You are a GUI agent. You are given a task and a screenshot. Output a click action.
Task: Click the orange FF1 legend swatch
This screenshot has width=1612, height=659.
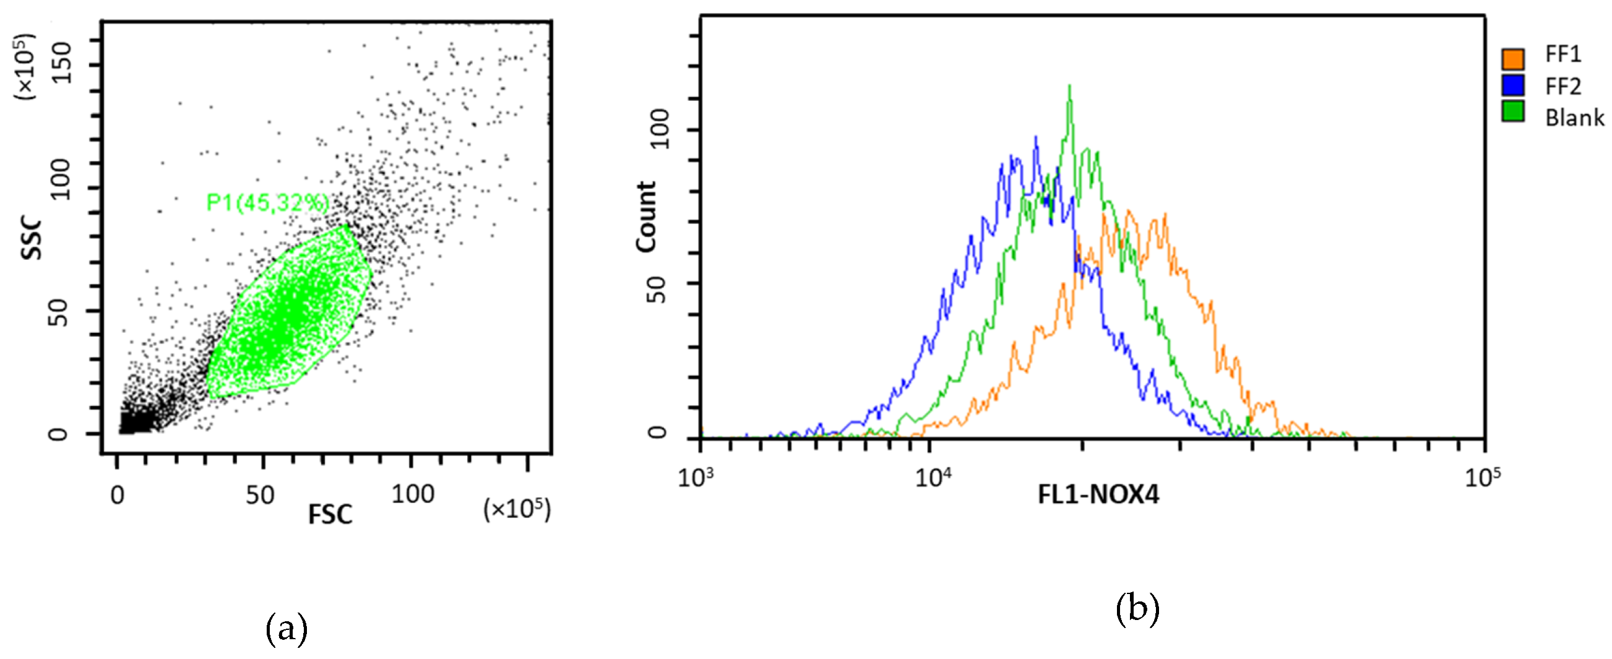(x=1512, y=59)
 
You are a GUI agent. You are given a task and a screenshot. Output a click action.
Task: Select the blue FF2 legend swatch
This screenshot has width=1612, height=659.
(x=1512, y=85)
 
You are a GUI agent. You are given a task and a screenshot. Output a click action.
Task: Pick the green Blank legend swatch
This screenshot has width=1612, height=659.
(x=1512, y=111)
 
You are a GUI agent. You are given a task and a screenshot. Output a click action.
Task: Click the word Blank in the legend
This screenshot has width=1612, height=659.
(x=1574, y=118)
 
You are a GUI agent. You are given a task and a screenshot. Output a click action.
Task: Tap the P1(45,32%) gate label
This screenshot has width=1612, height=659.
(x=268, y=203)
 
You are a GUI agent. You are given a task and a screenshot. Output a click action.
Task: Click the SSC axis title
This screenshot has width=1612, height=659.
(x=32, y=239)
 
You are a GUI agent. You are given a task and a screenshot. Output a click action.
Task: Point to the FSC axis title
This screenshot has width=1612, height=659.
(x=330, y=514)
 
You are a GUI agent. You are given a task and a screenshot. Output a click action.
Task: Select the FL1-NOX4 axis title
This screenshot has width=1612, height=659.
(x=1098, y=495)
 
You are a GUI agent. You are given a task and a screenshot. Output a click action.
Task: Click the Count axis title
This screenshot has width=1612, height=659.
(x=646, y=217)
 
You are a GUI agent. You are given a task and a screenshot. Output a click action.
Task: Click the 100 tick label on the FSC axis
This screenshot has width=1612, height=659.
(x=412, y=494)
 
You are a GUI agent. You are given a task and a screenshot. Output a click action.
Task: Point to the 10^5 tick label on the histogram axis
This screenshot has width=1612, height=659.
(x=1483, y=477)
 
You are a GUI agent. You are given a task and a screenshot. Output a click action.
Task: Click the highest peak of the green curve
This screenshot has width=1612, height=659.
(x=1069, y=87)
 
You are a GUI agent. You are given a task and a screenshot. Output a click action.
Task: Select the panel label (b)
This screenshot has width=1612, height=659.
(x=1137, y=608)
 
